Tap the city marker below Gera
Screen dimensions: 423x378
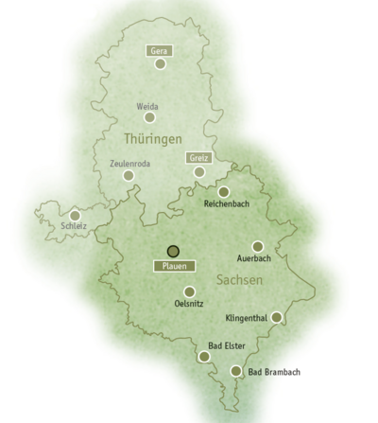[x=161, y=64]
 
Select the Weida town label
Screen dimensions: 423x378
[x=146, y=107]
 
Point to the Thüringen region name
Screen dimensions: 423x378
[x=152, y=140]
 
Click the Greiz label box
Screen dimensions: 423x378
[x=198, y=157]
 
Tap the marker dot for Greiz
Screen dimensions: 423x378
[x=199, y=172]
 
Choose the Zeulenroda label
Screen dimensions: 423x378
[x=130, y=163]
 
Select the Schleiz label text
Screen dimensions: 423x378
[x=73, y=227]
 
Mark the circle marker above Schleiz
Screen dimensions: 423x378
[x=75, y=215]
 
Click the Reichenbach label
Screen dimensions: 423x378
[x=226, y=204]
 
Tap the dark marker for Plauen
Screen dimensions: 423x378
[x=172, y=251]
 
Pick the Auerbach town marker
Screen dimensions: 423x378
[x=257, y=246]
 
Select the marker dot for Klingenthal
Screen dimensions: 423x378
[x=276, y=317]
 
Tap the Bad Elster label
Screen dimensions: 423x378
[x=227, y=346]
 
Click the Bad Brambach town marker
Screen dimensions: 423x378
[x=236, y=371]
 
